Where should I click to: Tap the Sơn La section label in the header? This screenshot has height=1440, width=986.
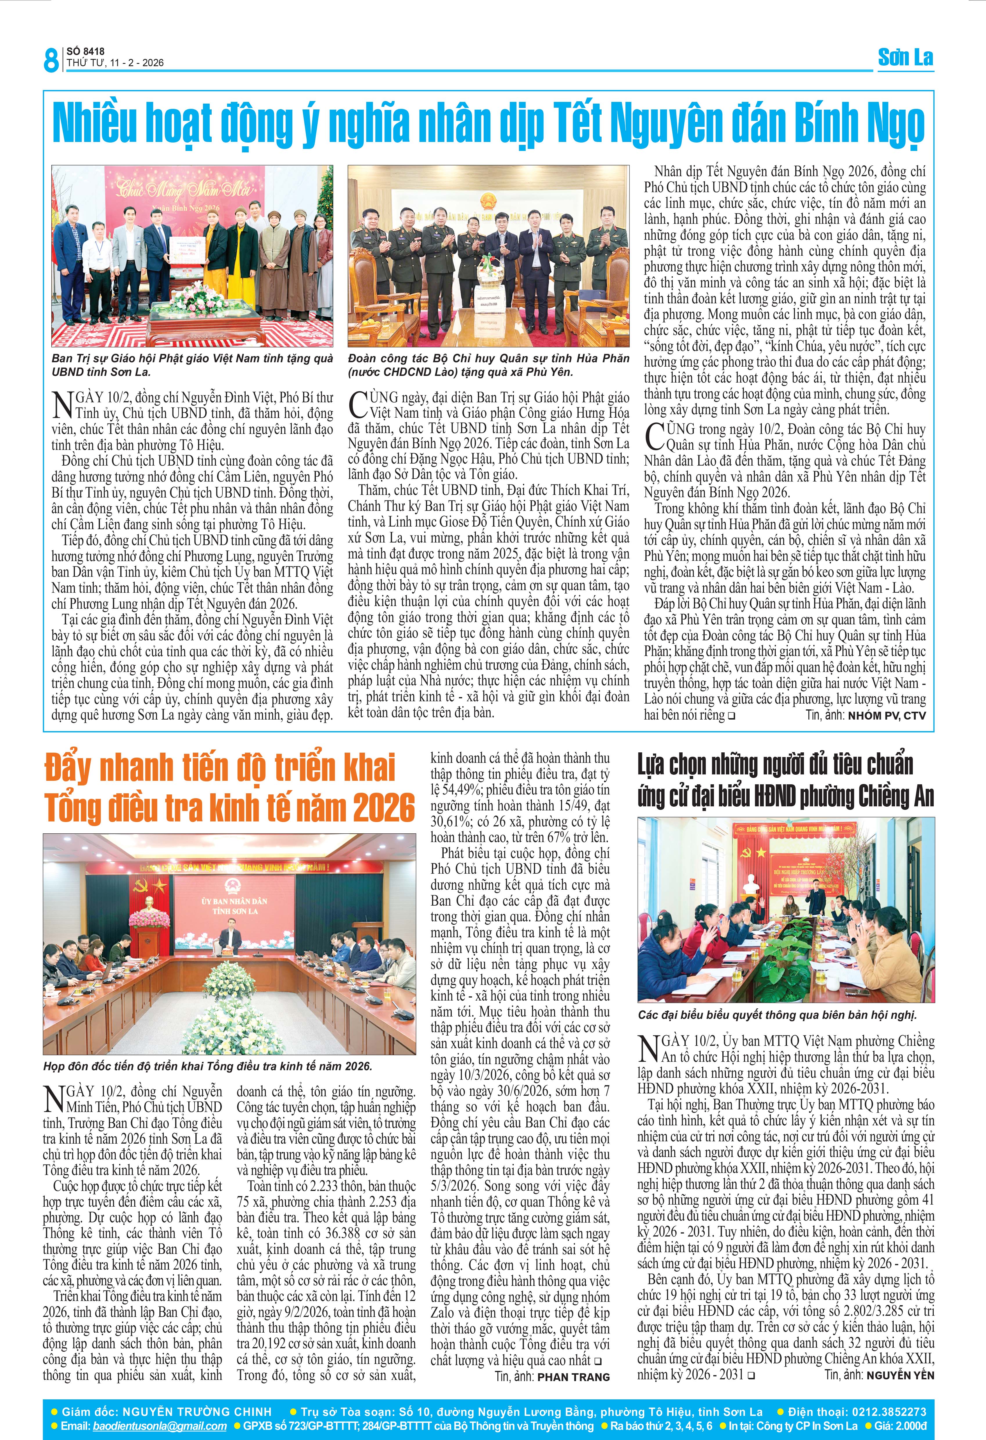click(906, 58)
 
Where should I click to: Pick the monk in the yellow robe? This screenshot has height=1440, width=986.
click(215, 251)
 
